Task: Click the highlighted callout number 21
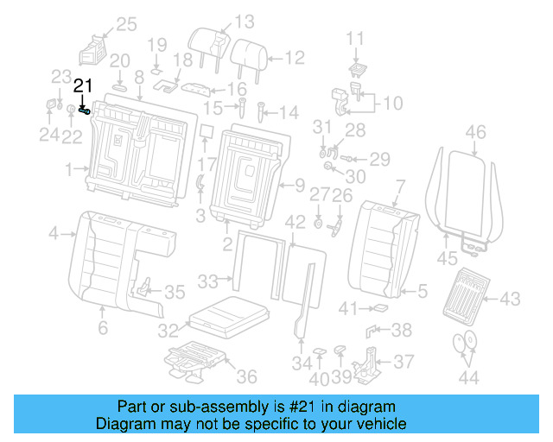82,85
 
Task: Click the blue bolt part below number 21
85,110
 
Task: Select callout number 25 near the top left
126,24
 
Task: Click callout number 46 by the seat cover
475,132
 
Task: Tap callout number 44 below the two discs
468,377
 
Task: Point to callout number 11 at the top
356,38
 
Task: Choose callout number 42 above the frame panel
296,222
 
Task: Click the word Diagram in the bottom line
121,424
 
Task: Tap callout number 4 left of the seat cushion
53,233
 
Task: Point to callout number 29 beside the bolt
380,158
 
